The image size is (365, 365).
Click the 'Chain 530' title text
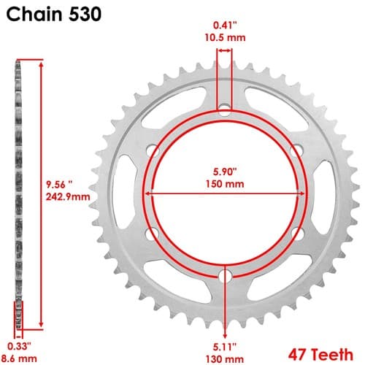(53, 14)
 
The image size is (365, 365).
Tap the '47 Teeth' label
(320, 355)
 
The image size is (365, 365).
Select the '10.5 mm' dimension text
(225, 38)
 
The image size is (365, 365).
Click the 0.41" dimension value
(225, 25)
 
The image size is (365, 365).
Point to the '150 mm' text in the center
(225, 184)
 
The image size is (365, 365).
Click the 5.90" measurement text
(225, 172)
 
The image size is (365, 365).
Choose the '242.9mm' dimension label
(68, 196)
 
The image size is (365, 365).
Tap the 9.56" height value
(60, 185)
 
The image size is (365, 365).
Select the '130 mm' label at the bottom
(225, 359)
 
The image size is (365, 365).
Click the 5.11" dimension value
(225, 347)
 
